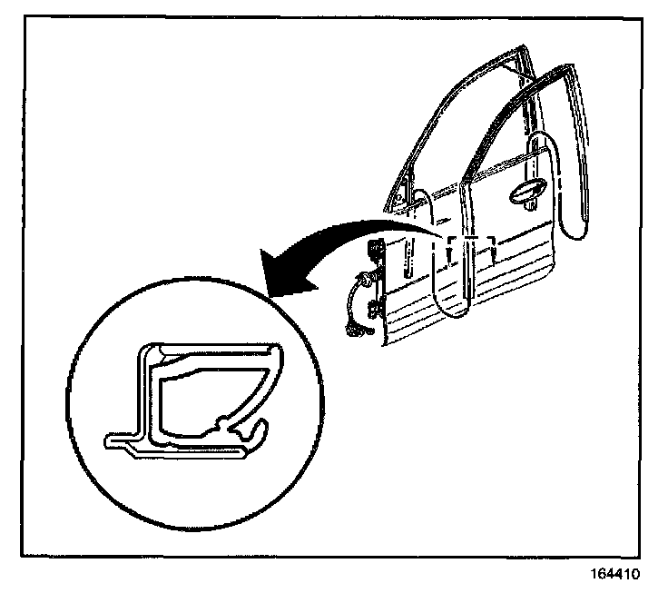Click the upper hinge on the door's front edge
pos(375,251)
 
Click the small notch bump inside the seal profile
pos(221,422)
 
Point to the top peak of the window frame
pos(523,50)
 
